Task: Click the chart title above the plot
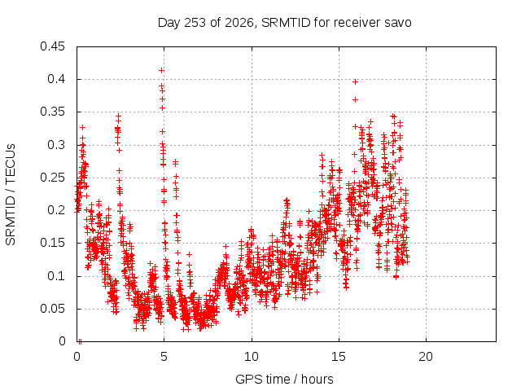(284, 23)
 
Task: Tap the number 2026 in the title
(239, 23)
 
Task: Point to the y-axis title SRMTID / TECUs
(11, 195)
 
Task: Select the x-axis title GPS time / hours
(284, 379)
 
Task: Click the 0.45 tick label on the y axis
(52, 46)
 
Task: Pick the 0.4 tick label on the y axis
(56, 79)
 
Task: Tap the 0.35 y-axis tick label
(52, 112)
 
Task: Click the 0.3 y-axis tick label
(56, 145)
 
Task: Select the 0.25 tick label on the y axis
(52, 178)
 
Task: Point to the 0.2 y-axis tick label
(56, 210)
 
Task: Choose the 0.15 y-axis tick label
(52, 243)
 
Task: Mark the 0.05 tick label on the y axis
(52, 309)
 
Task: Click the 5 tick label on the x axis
(164, 357)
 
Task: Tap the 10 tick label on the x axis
(252, 357)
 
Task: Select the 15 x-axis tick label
(339, 357)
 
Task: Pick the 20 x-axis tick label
(426, 357)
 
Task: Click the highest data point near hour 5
(161, 71)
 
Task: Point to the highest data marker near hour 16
(355, 81)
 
